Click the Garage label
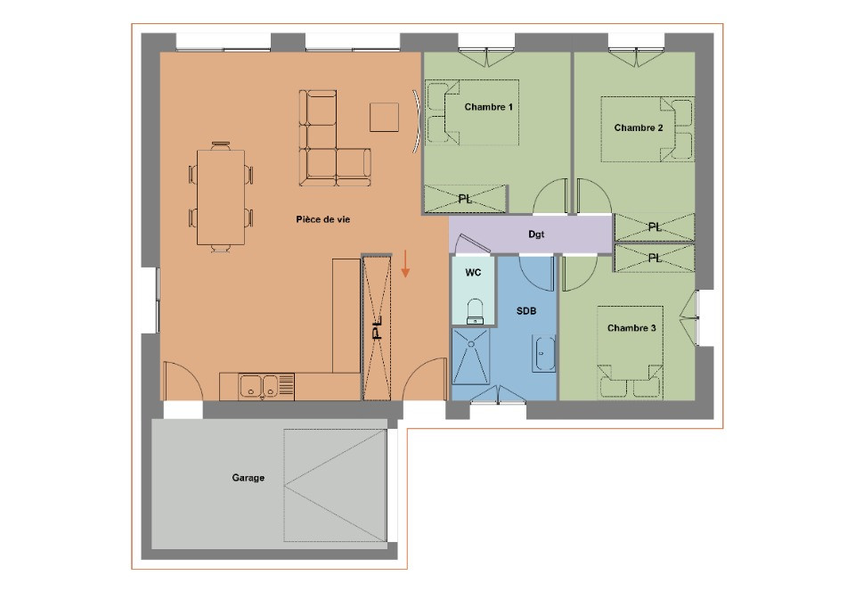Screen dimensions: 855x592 [248, 477]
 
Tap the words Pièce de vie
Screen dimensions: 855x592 [322, 219]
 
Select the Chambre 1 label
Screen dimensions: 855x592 [489, 107]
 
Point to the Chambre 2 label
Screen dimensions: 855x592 [639, 127]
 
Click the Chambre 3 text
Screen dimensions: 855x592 [631, 328]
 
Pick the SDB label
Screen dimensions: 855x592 [526, 311]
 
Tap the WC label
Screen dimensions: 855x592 [473, 272]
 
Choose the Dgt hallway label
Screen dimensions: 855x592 [536, 234]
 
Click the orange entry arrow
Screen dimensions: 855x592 [405, 264]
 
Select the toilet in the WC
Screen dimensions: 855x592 [475, 311]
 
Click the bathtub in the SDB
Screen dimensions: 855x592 [543, 354]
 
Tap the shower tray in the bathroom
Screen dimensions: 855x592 [470, 356]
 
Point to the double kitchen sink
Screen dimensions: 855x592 [259, 385]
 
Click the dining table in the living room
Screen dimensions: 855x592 [221, 197]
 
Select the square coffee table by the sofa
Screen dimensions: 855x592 [384, 117]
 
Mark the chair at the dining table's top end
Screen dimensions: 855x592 [221, 145]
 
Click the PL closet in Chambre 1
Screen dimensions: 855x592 [465, 199]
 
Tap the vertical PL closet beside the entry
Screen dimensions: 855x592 [377, 327]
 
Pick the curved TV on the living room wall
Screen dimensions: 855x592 [416, 121]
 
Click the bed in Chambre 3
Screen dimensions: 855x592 [630, 352]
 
